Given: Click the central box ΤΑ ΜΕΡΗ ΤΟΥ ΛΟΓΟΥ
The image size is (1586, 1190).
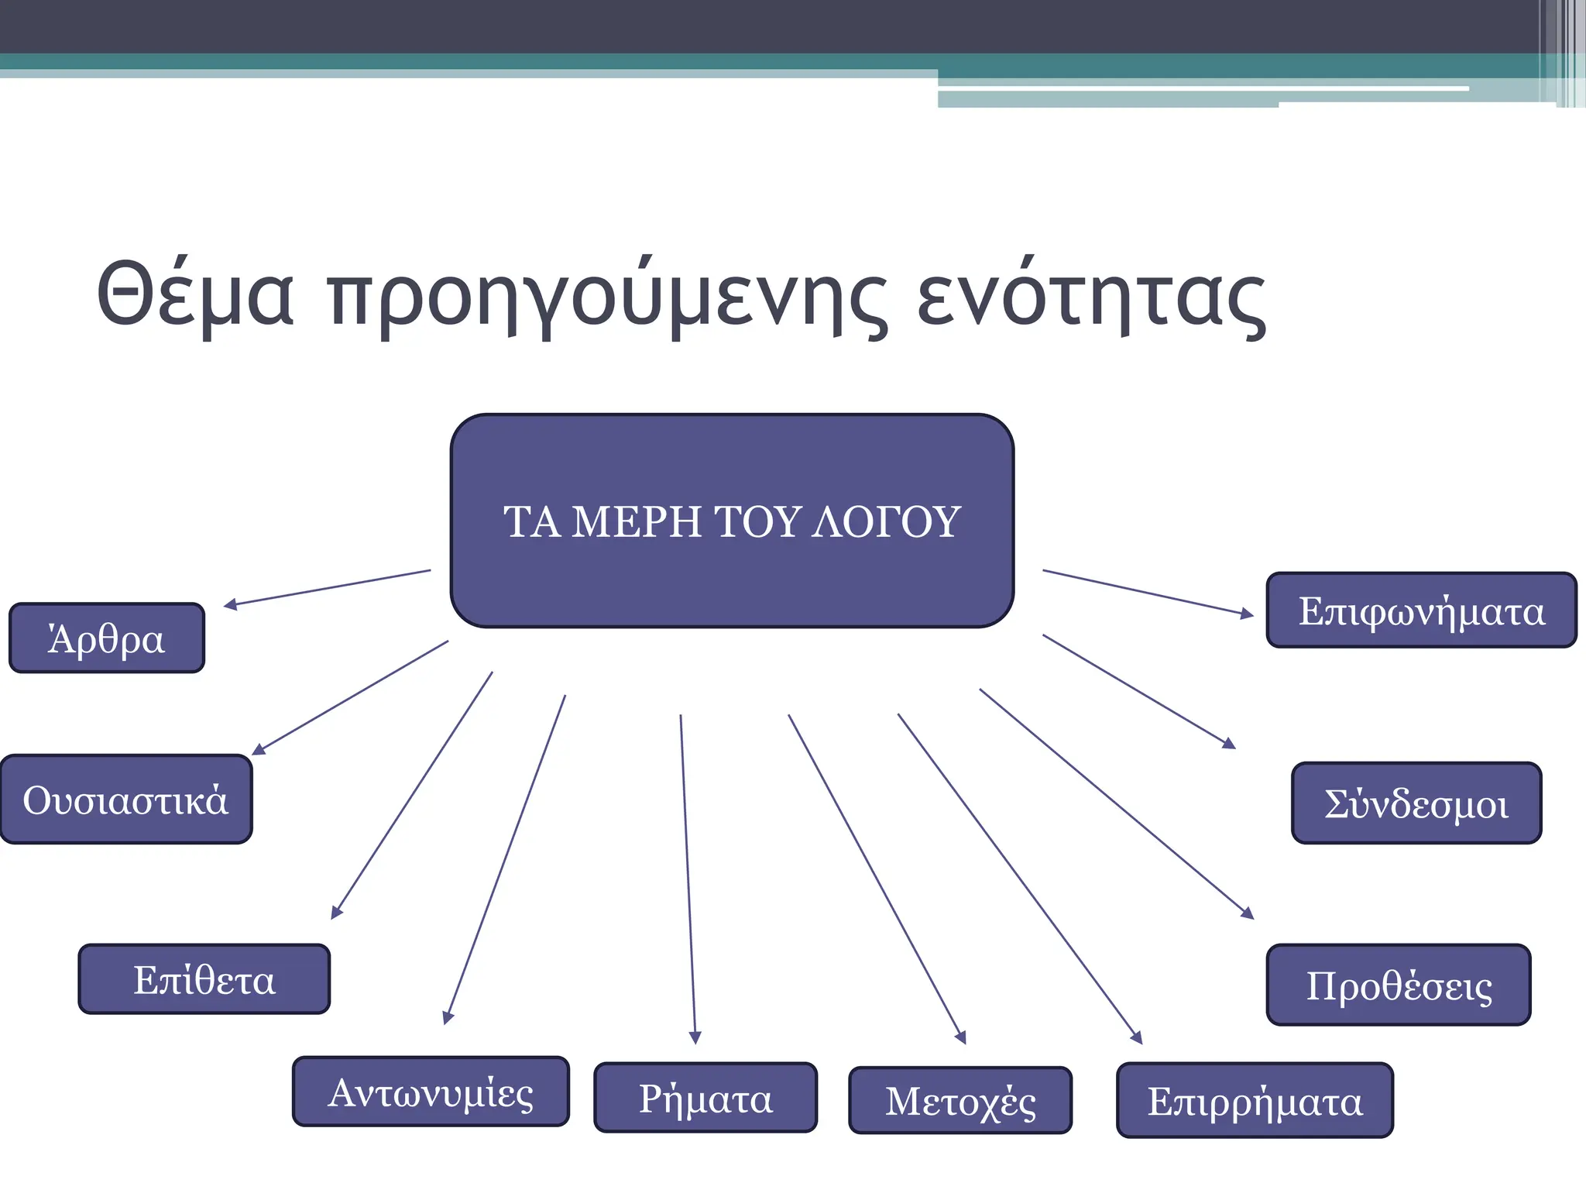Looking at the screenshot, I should (x=732, y=521).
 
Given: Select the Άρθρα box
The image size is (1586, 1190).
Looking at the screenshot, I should (x=107, y=638).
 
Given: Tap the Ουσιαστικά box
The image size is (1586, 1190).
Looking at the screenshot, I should (x=126, y=799).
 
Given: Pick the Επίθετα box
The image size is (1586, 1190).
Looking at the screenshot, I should (x=204, y=978).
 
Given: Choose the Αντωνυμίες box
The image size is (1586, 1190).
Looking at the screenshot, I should (x=431, y=1091).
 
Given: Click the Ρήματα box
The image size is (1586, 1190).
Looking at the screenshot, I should (x=705, y=1097).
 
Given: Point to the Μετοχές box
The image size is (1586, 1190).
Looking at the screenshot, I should (x=960, y=1100).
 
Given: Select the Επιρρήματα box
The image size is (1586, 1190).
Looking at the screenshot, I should (x=1255, y=1100).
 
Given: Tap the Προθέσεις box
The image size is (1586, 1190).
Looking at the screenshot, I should (x=1399, y=985).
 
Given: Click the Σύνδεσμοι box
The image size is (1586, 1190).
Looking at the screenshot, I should (x=1416, y=803).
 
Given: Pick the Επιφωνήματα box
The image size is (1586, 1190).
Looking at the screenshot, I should (x=1421, y=610).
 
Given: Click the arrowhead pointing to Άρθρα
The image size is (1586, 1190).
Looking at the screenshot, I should (x=230, y=604).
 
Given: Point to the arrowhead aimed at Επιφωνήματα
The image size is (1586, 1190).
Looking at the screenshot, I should (x=1247, y=614).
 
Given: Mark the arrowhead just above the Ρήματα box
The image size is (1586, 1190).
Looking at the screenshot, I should (x=695, y=1037).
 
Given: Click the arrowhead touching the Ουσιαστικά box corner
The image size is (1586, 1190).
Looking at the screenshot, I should (x=259, y=749).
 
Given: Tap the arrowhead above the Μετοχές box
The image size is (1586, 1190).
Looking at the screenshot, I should (x=961, y=1037).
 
